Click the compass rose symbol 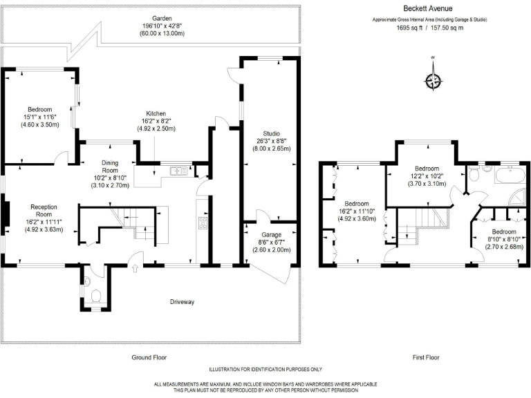click(x=433, y=81)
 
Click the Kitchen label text click(x=156, y=113)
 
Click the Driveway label click(x=183, y=302)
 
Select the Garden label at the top click(x=153, y=19)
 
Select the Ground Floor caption click(x=149, y=357)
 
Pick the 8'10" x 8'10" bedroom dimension click(x=504, y=239)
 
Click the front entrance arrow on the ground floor click(x=135, y=261)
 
